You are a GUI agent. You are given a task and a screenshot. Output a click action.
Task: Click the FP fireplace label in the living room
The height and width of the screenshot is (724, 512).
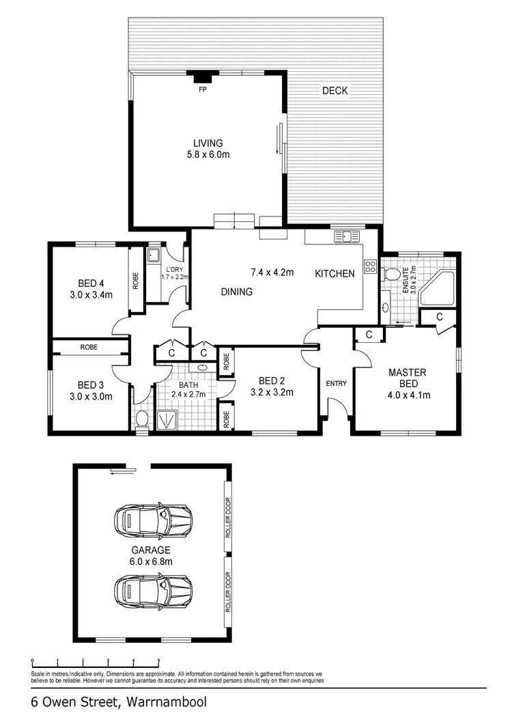pyautogui.click(x=202, y=89)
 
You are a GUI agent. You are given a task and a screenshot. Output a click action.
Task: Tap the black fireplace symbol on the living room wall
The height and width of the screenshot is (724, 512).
pyautogui.click(x=202, y=76)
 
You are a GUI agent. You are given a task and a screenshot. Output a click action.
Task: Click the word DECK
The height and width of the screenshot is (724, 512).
pyautogui.click(x=336, y=90)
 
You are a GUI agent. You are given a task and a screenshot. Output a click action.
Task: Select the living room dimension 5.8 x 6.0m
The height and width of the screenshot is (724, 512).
pyautogui.click(x=208, y=155)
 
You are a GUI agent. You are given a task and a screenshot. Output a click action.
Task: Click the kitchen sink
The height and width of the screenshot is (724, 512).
pyautogui.click(x=346, y=237)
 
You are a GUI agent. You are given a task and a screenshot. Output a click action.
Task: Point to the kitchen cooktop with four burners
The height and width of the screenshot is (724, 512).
pyautogui.click(x=371, y=266)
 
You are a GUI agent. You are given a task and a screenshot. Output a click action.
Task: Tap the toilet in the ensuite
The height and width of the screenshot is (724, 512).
pyautogui.click(x=391, y=275)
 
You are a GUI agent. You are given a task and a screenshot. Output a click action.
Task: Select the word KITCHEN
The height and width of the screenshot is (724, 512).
pyautogui.click(x=335, y=274)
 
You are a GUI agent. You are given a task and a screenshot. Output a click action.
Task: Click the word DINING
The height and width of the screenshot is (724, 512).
pyautogui.click(x=237, y=292)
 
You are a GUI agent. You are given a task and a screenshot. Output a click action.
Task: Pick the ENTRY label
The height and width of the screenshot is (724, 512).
pyautogui.click(x=336, y=384)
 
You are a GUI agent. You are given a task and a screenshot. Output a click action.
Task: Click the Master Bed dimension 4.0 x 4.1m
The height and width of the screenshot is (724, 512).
pyautogui.click(x=408, y=394)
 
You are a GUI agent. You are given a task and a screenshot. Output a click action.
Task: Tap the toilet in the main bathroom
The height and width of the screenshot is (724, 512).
pyautogui.click(x=142, y=418)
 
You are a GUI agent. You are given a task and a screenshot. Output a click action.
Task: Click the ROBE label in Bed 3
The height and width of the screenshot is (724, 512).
pyautogui.click(x=89, y=347)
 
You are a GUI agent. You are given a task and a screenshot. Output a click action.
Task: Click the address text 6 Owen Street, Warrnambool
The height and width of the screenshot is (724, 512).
pyautogui.click(x=118, y=701)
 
